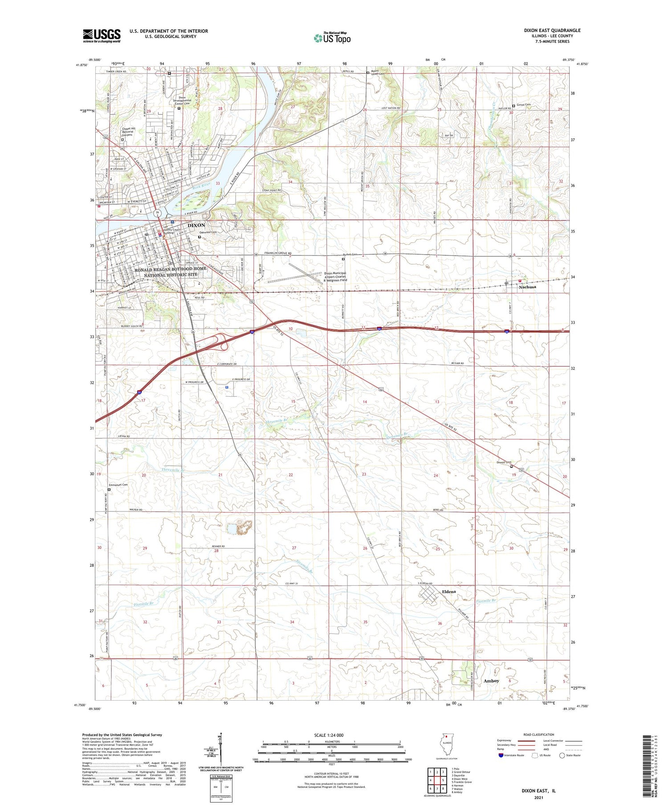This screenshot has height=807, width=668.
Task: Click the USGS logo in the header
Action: coord(102,36)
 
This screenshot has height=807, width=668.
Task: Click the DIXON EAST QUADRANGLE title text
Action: coord(552,31)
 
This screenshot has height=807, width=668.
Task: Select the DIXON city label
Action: coord(196,225)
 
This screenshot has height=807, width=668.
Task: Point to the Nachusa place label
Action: coord(527,287)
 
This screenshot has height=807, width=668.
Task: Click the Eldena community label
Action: coord(449,592)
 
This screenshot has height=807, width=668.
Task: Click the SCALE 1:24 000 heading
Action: coord(328,735)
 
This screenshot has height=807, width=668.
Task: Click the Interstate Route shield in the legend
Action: coord(501,755)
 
